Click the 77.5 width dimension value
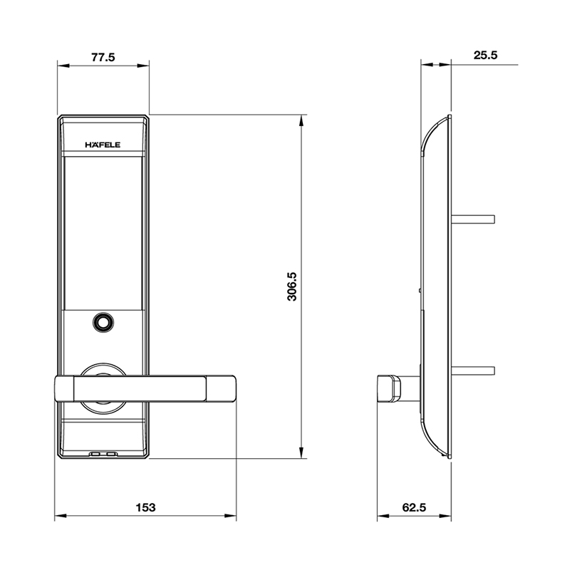(103, 58)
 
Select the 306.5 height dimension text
(291, 285)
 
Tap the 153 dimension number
(145, 507)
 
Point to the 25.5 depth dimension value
(484, 56)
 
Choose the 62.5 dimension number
(413, 507)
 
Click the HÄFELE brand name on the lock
(103, 145)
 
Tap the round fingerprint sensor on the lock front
(103, 323)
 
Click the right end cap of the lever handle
(222, 388)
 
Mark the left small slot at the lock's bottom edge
(95, 453)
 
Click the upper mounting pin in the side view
(473, 217)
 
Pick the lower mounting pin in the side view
(473, 370)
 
